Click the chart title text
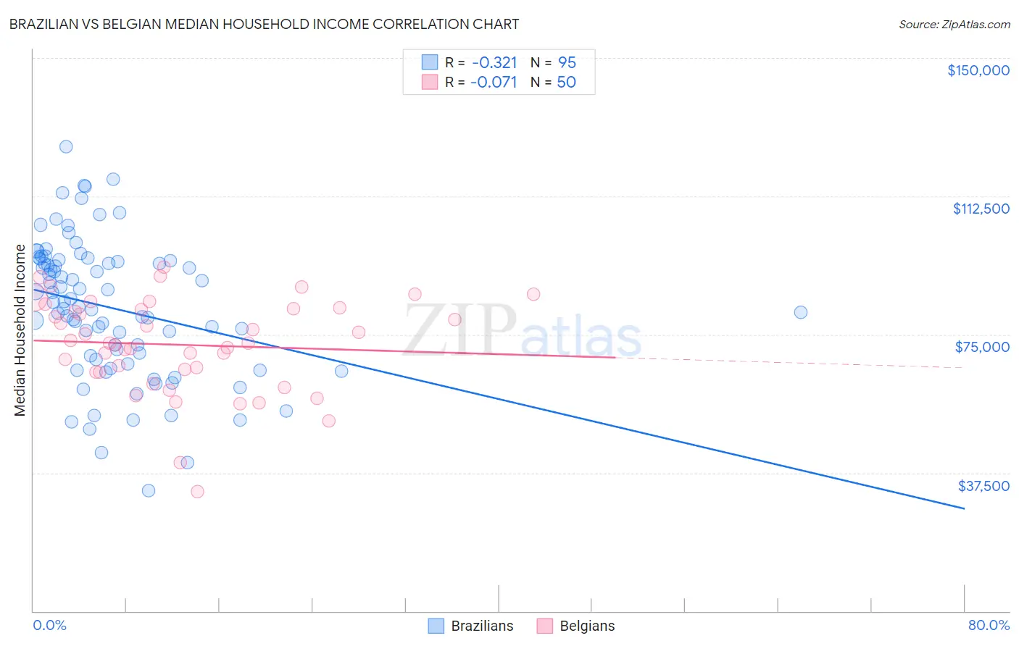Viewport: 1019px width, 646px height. click(264, 24)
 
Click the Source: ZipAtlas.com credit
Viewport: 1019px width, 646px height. click(954, 24)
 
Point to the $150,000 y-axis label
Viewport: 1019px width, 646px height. click(978, 70)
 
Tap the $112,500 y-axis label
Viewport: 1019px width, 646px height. click(981, 209)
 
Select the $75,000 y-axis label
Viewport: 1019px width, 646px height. click(981, 347)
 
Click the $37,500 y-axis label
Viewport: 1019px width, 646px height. click(983, 486)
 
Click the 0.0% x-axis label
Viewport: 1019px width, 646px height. click(49, 625)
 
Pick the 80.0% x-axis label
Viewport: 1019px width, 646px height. click(989, 625)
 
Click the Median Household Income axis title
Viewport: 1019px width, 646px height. click(20, 330)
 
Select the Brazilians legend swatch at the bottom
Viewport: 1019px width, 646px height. click(436, 626)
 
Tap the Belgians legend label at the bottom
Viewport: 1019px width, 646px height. click(586, 626)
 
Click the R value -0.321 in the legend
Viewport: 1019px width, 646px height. click(494, 62)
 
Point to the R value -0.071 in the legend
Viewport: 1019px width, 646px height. click(494, 82)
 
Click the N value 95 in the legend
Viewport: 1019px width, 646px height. click(567, 62)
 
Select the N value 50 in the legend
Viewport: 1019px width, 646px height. click(566, 82)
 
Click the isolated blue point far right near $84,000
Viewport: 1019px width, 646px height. click(801, 312)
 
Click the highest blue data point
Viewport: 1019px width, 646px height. click(66, 146)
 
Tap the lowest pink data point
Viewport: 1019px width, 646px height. click(197, 492)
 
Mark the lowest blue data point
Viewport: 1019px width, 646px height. click(149, 490)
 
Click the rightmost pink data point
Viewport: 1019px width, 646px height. click(533, 294)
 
